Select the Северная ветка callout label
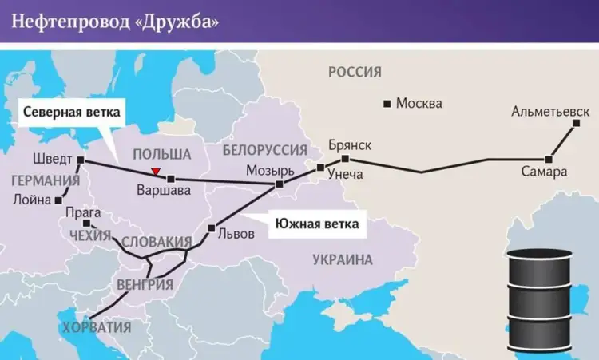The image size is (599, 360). coord(71,112)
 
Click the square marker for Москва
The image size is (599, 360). coord(387,104)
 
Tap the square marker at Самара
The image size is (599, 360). coord(549,159)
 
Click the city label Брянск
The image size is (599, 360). coord(350,145)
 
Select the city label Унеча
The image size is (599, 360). coord(345,174)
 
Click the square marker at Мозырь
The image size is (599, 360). coord(279,185)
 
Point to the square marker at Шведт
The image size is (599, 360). coord(81,160)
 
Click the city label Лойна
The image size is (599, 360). coord(32,200)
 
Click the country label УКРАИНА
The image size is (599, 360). coord(343,259)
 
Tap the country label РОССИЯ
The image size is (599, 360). coord(355,73)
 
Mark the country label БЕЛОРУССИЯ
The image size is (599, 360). coord(265,150)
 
